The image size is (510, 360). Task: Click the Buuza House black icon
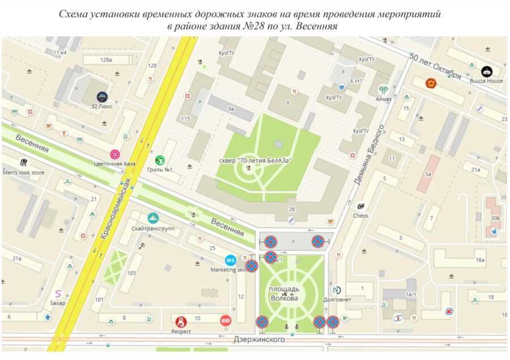click(487, 71)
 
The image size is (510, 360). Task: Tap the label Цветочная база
click(116, 164)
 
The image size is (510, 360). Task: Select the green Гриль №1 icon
click(160, 160)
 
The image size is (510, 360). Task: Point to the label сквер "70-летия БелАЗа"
click(256, 160)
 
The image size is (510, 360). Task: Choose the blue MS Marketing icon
click(230, 260)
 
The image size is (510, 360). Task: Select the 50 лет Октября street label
click(436, 67)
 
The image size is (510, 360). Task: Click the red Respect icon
click(181, 321)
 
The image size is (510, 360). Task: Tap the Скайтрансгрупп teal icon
click(153, 218)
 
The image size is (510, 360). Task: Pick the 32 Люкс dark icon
click(103, 97)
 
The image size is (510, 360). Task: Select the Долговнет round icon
click(337, 290)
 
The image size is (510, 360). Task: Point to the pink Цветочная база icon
click(115, 154)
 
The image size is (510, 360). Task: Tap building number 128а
click(105, 60)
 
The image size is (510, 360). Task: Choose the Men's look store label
click(23, 172)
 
